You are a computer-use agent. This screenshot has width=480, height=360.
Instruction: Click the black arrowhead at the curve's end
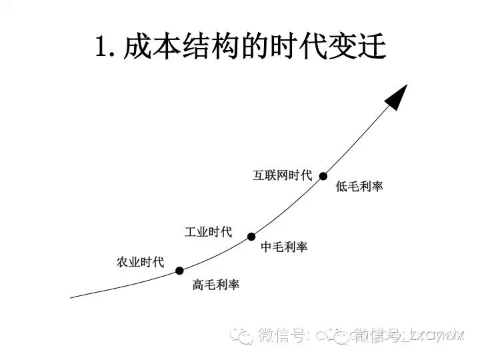point(397,96)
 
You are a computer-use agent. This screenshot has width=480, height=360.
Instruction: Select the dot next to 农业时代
point(179,271)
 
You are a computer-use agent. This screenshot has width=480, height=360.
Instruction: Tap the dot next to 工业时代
point(251,236)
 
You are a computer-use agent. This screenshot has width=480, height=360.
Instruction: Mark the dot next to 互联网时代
point(323,176)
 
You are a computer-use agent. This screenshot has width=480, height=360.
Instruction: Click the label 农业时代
point(140,262)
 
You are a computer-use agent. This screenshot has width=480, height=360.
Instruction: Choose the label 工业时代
point(208,232)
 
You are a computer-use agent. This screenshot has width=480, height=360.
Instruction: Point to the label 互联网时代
point(282,175)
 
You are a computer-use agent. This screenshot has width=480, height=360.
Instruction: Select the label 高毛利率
point(216,285)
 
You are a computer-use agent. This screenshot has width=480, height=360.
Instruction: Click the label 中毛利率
point(285,247)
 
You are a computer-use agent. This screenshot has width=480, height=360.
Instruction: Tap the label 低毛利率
point(360,187)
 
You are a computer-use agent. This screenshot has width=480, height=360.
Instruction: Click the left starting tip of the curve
point(71,297)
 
